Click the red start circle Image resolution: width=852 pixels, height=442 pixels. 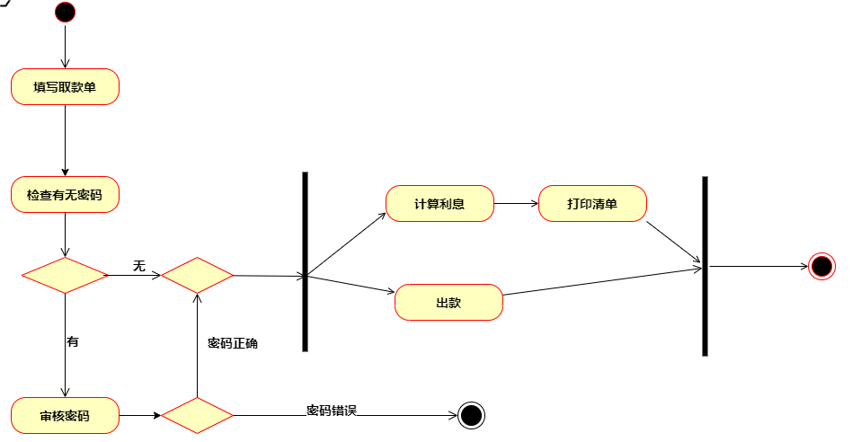[65, 13]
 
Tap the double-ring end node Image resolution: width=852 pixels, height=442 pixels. [821, 267]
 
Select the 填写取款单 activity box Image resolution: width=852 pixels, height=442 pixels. [65, 87]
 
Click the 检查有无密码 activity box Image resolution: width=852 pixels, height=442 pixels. [65, 195]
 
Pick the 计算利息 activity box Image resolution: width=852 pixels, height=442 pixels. [439, 204]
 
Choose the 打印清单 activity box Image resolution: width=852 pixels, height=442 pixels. [592, 204]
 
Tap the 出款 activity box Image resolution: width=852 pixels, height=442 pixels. [448, 303]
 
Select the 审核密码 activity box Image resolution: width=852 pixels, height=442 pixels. [65, 416]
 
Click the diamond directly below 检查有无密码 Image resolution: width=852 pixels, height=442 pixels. [64, 276]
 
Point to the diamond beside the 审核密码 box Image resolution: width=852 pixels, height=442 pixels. [197, 416]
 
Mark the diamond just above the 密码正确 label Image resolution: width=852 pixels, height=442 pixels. [197, 276]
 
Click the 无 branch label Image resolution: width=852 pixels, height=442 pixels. [139, 266]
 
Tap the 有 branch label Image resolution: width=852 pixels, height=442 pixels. [73, 341]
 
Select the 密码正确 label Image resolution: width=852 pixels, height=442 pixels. [233, 343]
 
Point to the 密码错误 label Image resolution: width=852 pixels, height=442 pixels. [332, 411]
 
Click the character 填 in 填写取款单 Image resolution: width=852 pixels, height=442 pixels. [40, 87]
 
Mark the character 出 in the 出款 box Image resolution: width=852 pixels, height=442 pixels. [442, 303]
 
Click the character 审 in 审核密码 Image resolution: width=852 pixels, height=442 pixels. [46, 416]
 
